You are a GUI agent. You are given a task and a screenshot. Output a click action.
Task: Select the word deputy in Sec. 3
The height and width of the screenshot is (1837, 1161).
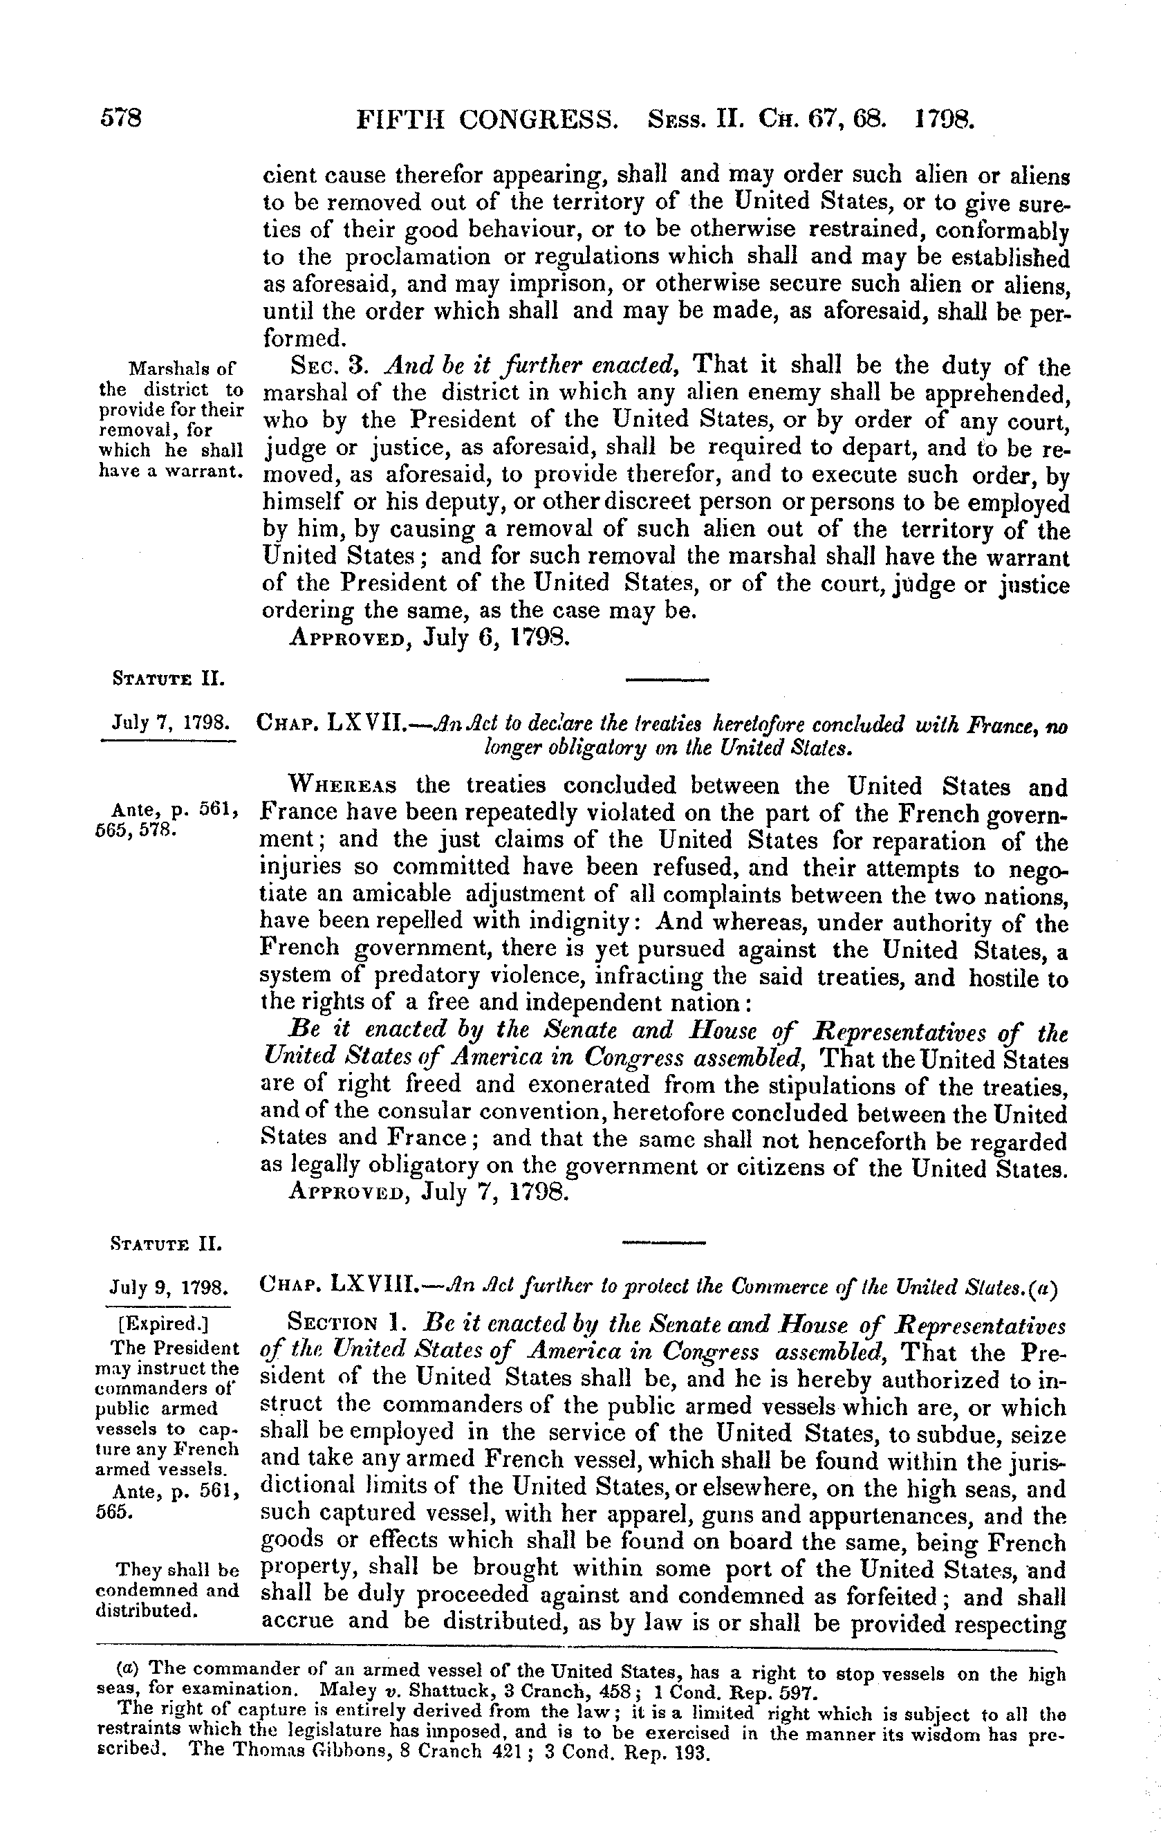click(452, 504)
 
